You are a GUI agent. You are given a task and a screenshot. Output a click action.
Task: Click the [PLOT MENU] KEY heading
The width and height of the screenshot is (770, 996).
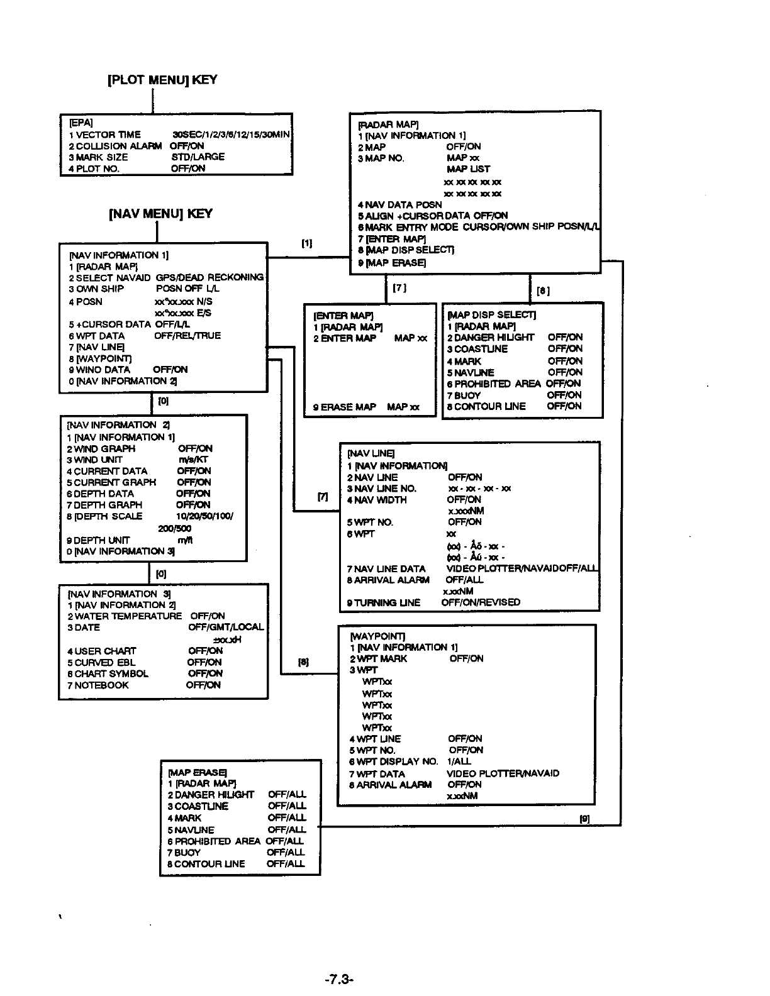click(162, 80)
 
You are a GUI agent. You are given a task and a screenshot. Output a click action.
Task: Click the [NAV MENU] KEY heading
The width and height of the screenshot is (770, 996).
click(161, 214)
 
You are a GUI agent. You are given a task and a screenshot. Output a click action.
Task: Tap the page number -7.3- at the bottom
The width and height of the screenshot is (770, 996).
click(340, 979)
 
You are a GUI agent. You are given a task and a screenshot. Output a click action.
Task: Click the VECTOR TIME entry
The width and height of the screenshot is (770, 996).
click(105, 135)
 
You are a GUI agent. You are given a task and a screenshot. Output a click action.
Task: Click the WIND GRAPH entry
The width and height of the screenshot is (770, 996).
click(101, 448)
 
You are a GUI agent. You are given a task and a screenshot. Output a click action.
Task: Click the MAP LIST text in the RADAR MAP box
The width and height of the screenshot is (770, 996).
click(468, 169)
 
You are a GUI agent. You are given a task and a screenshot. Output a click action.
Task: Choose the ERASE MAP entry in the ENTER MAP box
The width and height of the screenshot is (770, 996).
click(345, 407)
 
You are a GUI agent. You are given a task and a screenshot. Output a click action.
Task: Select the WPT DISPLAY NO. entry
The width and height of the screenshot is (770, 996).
click(394, 761)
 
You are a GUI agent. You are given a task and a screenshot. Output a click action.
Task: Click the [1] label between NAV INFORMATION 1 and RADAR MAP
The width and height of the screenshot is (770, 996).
click(306, 244)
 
